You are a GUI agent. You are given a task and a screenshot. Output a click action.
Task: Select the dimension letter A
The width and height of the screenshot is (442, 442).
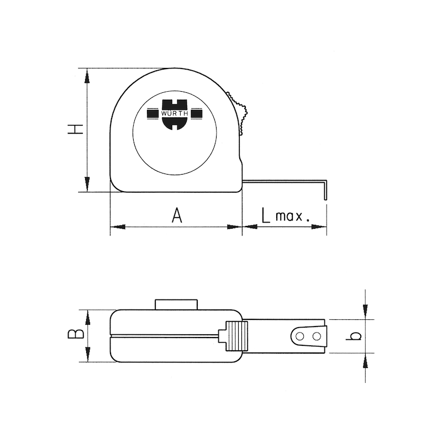pos(176,214)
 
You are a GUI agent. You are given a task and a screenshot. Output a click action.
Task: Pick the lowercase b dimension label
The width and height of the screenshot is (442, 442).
pos(356,335)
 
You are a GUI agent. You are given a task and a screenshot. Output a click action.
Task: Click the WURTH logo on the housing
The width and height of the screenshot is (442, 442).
pos(175,114)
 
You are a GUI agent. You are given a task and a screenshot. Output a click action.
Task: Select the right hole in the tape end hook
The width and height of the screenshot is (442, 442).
pos(317,336)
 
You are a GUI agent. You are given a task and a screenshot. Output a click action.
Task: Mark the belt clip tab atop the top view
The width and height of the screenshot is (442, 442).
pos(176,304)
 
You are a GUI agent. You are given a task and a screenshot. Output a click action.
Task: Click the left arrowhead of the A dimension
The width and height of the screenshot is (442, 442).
pos(118,227)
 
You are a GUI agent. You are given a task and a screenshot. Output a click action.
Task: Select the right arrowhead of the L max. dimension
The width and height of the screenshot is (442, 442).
pos(320,227)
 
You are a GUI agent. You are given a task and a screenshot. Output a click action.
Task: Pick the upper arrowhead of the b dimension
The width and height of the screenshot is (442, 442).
pos(365,312)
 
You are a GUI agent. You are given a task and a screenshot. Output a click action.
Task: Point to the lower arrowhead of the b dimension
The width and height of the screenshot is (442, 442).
pos(365,360)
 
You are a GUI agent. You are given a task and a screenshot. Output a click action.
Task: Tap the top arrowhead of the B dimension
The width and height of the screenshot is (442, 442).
pos(87,317)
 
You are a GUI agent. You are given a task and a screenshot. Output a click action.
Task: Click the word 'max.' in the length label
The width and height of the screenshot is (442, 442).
pos(293,216)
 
